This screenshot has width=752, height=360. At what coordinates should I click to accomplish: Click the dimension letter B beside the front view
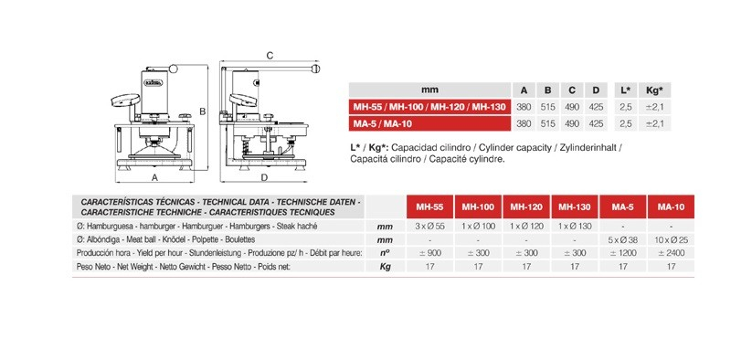(x=203, y=111)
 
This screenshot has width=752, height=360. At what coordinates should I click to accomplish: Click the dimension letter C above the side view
(x=270, y=56)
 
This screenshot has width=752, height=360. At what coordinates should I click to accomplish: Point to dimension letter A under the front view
(x=154, y=177)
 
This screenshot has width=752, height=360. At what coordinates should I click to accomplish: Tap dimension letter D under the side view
(x=264, y=177)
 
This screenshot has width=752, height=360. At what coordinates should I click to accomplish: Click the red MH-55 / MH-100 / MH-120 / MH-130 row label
(x=429, y=107)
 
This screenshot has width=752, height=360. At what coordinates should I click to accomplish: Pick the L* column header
(x=625, y=90)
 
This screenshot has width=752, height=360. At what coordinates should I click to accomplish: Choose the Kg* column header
(x=654, y=90)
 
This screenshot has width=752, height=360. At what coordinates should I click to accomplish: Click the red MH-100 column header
(x=478, y=207)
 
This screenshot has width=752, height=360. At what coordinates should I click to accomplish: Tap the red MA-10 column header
(x=671, y=207)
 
